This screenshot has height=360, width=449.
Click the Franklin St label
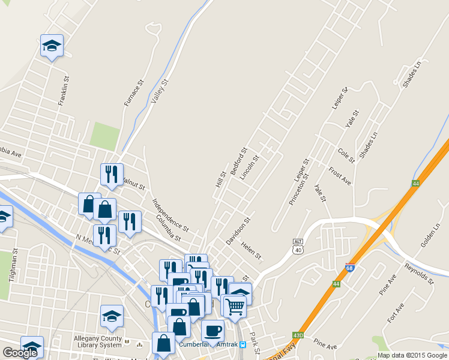tap(64, 91)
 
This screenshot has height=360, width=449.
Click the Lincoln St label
tap(249, 168)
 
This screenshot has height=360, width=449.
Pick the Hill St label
tap(220, 179)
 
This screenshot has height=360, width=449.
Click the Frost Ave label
tap(340, 176)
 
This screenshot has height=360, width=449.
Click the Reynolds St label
tap(418, 272)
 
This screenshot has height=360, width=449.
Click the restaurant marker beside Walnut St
tap(112, 174)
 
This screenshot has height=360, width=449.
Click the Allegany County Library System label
tap(98, 341)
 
